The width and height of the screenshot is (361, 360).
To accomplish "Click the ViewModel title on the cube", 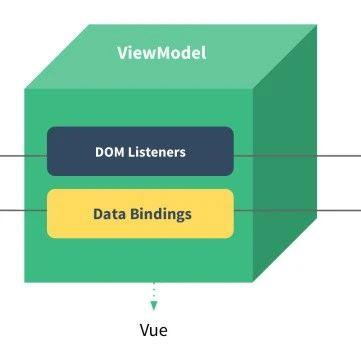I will pos(161,52).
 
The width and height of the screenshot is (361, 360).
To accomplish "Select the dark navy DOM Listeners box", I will pos(140,151).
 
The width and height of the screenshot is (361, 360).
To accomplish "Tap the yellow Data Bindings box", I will pos(140,213).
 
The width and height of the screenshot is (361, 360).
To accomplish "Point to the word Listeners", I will pos(158,152).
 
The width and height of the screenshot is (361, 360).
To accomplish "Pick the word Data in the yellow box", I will pos(109,214).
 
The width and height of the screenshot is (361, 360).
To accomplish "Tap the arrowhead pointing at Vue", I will pos(154,304).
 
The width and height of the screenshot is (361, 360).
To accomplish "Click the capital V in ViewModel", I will pos(122,52).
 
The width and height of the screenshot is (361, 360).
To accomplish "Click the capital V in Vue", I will pos(143,329).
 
